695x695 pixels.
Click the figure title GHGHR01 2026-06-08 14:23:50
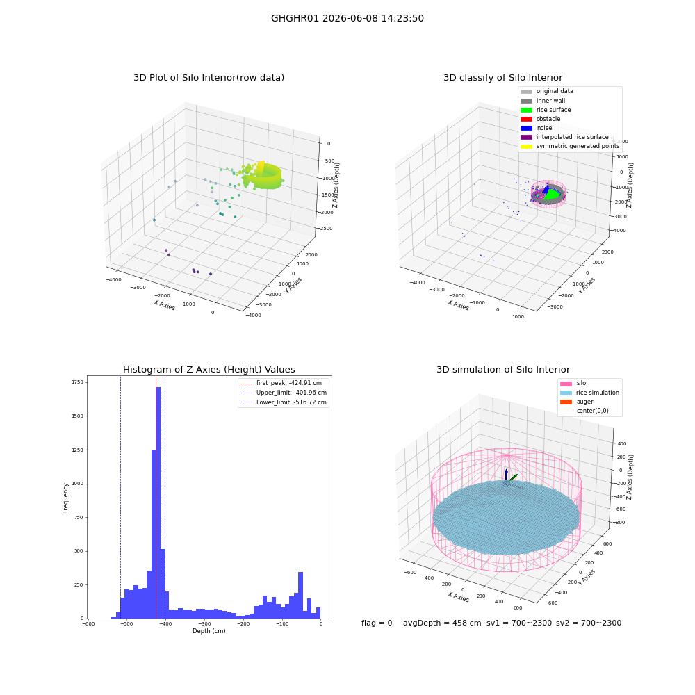(347, 18)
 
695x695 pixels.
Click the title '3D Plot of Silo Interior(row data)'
(208, 78)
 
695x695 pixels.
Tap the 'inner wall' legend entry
(543, 101)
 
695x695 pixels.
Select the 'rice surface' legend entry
(546, 110)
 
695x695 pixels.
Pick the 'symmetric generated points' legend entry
(570, 146)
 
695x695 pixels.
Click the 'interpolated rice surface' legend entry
(564, 137)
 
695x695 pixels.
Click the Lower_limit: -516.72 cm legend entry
(284, 402)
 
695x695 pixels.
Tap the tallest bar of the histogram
(158, 502)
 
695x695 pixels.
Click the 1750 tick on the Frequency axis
(78, 382)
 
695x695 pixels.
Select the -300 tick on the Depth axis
(204, 623)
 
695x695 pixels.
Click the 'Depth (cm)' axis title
(209, 631)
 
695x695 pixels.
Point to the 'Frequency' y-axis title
(65, 498)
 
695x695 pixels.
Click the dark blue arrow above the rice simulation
(506, 475)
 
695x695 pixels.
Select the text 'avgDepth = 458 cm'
(442, 623)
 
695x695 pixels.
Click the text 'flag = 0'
(377, 623)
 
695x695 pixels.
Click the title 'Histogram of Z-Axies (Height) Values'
(208, 370)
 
